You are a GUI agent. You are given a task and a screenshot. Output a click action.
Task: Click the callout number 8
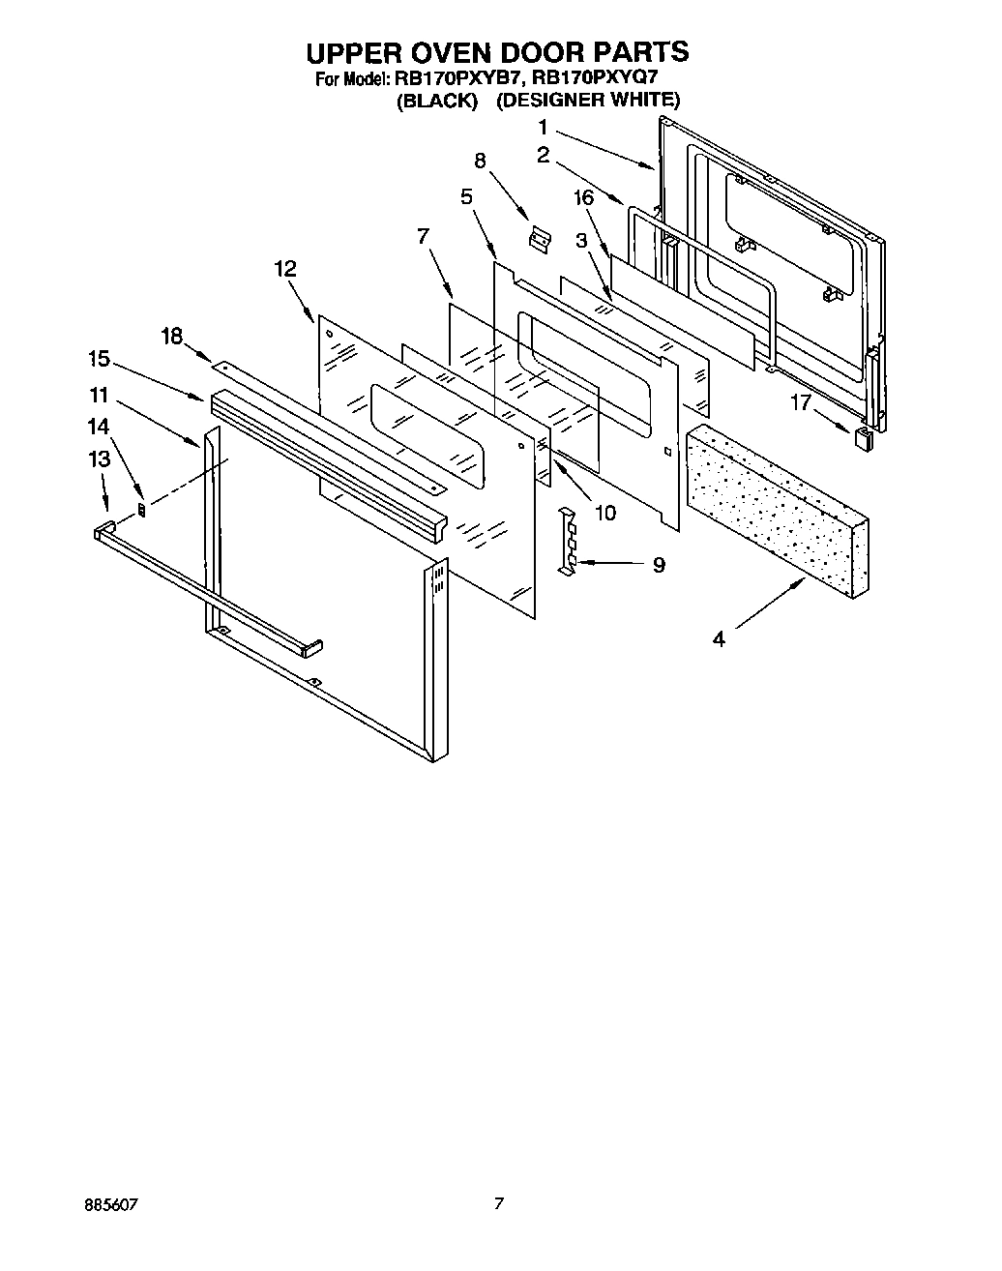(481, 162)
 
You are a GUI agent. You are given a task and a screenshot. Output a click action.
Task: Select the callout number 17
(801, 402)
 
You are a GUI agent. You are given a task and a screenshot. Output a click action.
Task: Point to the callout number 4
(719, 639)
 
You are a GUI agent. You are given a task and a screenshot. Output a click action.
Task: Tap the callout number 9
(659, 565)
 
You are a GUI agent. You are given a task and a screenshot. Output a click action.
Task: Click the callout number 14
(99, 425)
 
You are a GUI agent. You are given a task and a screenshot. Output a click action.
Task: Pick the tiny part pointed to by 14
(143, 510)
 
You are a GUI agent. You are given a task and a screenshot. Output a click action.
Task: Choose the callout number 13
(101, 459)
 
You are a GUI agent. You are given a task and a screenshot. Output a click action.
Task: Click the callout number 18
(171, 336)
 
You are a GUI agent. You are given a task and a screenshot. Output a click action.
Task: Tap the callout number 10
(604, 513)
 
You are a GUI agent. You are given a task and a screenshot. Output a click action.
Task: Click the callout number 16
(582, 198)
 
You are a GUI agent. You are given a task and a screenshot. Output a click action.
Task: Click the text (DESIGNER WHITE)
(588, 100)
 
